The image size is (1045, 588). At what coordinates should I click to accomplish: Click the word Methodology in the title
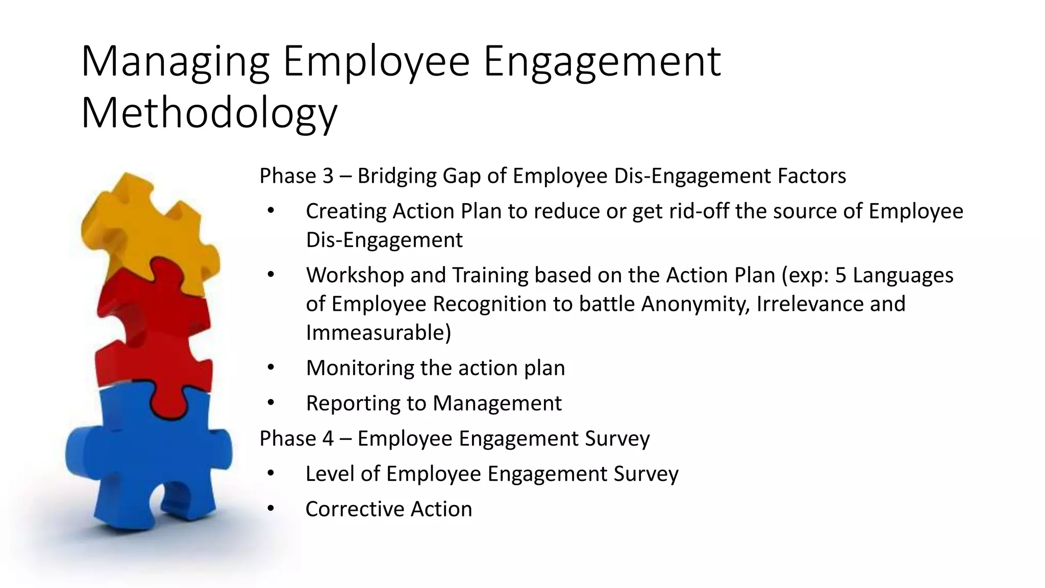(209, 113)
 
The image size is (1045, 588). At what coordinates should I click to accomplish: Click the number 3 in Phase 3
(328, 176)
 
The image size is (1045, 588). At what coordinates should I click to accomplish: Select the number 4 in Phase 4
(328, 438)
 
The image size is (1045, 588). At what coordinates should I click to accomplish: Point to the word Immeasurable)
(378, 333)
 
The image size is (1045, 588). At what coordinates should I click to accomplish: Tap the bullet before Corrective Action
(270, 508)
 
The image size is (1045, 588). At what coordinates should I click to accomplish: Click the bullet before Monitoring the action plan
(270, 367)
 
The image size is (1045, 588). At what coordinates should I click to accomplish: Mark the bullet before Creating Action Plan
(270, 211)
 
